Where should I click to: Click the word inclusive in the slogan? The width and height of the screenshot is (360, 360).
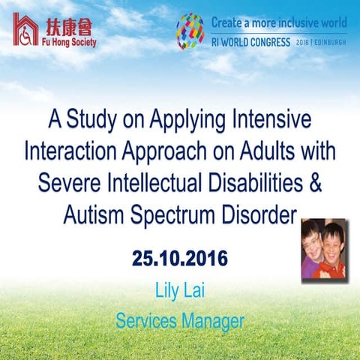(290, 22)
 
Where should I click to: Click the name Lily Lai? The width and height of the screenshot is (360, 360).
(180, 289)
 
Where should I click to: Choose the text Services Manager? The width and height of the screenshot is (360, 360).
(180, 321)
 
